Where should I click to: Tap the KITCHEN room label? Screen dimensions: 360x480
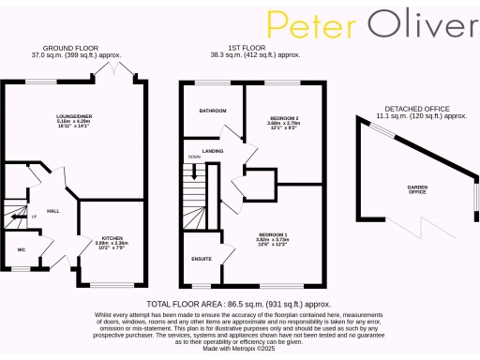pos(112,239)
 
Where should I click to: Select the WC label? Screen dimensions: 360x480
pos(21,249)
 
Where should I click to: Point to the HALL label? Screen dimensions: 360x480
pos(53,211)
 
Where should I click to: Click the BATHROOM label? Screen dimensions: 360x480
pos(211,111)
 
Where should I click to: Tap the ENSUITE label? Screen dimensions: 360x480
pos(201,259)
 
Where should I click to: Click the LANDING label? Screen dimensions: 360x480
pos(212,150)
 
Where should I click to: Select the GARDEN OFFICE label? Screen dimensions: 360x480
pos(417,189)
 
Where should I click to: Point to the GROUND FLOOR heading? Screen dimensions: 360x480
pos(71,48)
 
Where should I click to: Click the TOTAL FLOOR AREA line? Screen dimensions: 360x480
pos(239,305)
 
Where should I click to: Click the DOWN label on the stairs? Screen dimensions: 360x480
pos(194,157)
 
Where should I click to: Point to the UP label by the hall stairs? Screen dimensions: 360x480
pos(35,217)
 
